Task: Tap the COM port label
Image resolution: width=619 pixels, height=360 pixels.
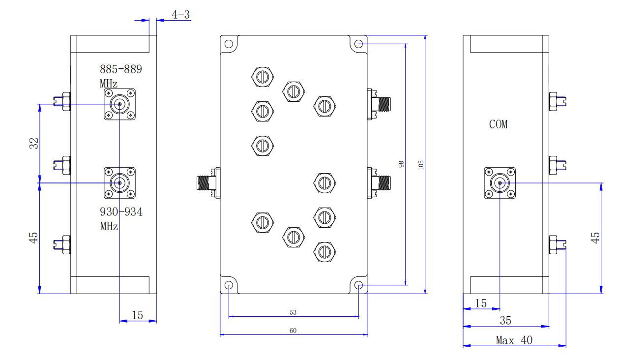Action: (498, 124)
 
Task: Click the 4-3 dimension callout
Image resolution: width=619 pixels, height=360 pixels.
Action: (181, 15)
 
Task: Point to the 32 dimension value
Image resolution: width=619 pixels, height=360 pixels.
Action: (34, 143)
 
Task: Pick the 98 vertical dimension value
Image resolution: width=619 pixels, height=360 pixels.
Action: (401, 164)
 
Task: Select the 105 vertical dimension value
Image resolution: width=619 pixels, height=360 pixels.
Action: (420, 165)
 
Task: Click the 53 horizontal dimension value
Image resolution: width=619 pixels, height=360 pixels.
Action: (293, 312)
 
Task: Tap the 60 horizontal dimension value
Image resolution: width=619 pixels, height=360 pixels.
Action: (293, 330)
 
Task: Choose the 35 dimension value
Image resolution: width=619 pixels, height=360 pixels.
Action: (505, 321)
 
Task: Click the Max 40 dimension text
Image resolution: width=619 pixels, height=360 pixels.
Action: (514, 340)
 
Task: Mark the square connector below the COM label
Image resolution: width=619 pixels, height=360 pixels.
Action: (500, 183)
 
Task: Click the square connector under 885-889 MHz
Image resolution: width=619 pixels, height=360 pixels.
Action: (119, 104)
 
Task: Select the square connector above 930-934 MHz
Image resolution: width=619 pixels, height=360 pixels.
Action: (119, 183)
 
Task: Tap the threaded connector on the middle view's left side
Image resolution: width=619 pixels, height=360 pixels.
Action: (208, 183)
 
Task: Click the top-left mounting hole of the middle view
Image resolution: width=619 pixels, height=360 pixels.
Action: (229, 44)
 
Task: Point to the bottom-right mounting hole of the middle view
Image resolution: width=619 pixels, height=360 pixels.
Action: (358, 285)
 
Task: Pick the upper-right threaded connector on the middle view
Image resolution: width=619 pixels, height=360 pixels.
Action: (379, 104)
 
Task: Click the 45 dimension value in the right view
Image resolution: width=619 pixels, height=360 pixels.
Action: (595, 238)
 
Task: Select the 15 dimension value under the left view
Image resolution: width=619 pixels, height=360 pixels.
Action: (137, 315)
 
